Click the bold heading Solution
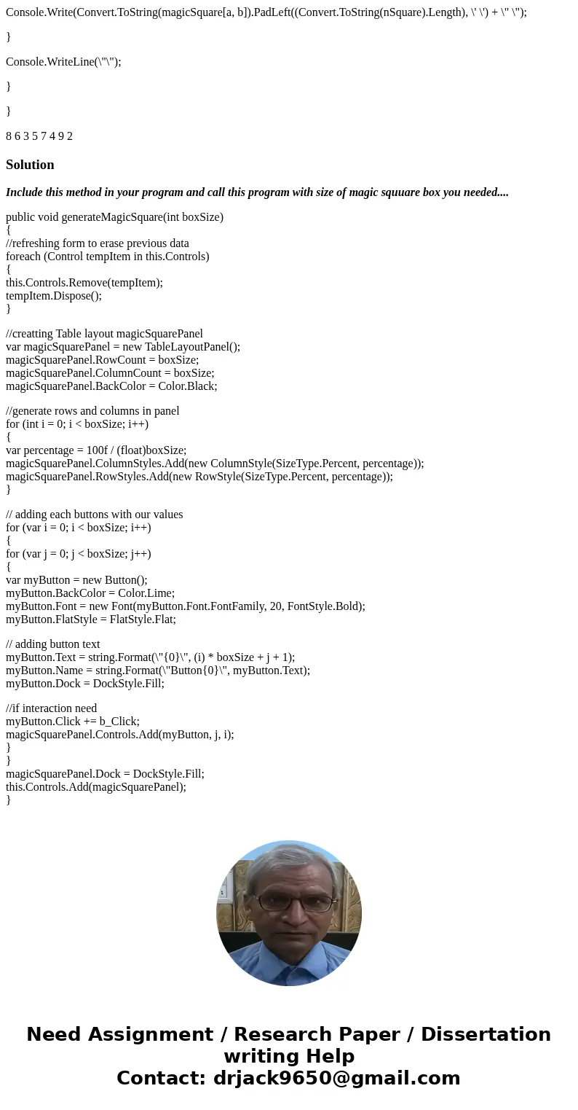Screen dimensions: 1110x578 point(30,165)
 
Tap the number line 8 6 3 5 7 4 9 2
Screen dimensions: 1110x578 point(39,136)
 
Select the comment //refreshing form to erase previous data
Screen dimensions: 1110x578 point(98,243)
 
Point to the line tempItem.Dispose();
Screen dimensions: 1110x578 point(54,296)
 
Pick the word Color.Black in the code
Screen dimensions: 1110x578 point(187,386)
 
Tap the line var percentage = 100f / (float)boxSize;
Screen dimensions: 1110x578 point(96,450)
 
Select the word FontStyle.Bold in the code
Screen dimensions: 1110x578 point(331,606)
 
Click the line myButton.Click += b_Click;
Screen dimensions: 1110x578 point(73,722)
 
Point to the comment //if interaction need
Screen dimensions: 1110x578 point(51,708)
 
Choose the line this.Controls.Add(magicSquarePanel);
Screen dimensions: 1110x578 point(96,787)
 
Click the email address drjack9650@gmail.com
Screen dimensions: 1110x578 point(337,1079)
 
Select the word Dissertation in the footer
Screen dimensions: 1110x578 point(486,1035)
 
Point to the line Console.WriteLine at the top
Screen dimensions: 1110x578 point(63,62)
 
